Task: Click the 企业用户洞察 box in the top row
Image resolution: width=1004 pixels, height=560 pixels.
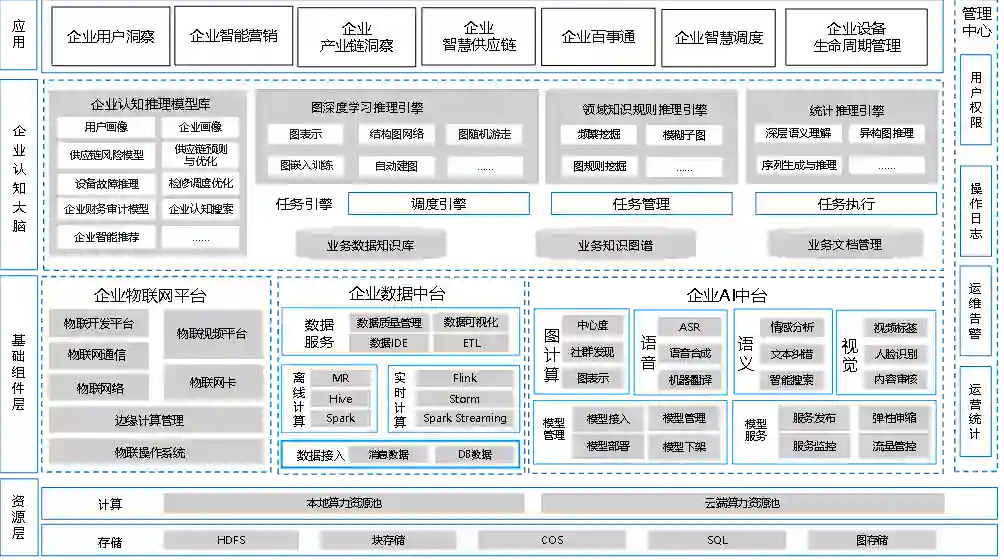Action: [x=110, y=37]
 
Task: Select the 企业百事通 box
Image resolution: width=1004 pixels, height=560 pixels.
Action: [x=598, y=37]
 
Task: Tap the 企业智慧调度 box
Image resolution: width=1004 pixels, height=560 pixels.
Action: [x=718, y=37]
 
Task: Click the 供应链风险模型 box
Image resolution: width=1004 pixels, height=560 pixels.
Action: [x=106, y=155]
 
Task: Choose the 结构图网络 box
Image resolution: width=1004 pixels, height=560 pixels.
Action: [x=396, y=134]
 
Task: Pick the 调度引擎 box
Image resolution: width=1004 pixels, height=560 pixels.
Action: [x=438, y=204]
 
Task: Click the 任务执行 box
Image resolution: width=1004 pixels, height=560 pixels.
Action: [x=846, y=204]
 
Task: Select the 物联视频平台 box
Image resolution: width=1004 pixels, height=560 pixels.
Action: [x=211, y=334]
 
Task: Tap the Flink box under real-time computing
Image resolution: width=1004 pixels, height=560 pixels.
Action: [x=464, y=379]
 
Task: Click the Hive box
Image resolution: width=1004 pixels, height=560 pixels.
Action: [x=340, y=399]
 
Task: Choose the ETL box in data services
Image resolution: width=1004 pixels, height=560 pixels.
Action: [x=471, y=343]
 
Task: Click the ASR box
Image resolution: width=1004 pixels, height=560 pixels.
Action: [x=689, y=327]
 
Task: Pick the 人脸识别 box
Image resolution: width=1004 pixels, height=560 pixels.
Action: [x=894, y=354]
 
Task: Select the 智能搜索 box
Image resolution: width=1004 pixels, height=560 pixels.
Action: [x=791, y=380]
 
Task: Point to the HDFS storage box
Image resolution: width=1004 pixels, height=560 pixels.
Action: [x=231, y=540]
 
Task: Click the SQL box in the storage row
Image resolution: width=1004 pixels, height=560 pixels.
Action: [x=718, y=540]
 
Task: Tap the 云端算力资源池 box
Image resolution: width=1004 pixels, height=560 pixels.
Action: [x=741, y=503]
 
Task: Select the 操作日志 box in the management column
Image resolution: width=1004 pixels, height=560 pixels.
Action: [x=975, y=210]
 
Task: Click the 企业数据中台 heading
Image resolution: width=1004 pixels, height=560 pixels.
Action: [x=397, y=294]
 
